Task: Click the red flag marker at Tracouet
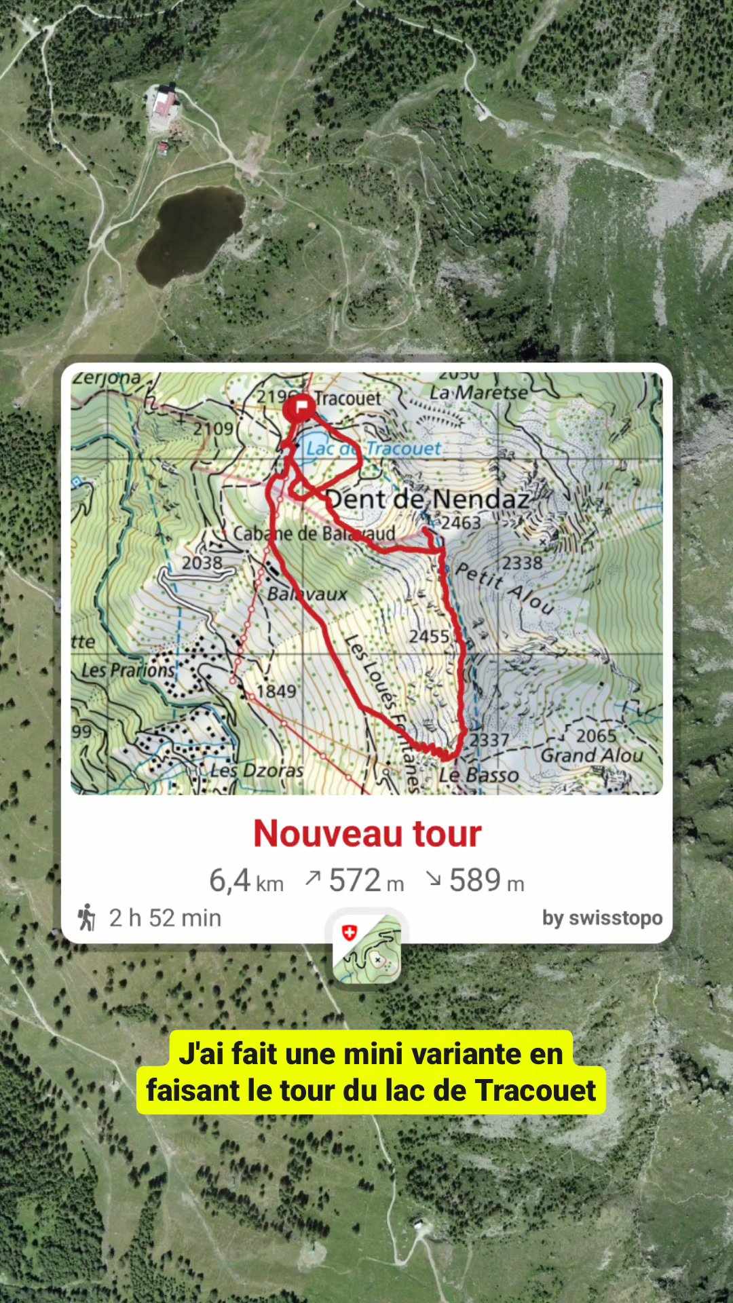299,407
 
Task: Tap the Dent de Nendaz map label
428,499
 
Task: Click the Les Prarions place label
128,671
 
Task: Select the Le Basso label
478,775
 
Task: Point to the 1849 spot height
276,691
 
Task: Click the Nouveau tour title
367,833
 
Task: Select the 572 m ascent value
365,881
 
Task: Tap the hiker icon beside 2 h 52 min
87,918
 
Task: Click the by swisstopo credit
602,918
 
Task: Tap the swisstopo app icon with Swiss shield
366,949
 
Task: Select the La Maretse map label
478,392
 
